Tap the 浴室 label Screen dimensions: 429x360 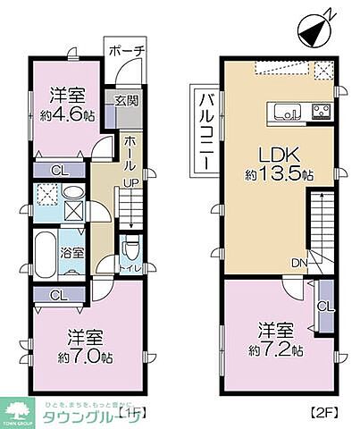point(72,252)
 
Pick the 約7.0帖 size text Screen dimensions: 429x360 point(87,357)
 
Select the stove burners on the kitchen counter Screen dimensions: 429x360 point(319,111)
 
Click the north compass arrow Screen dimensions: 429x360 point(315,29)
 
